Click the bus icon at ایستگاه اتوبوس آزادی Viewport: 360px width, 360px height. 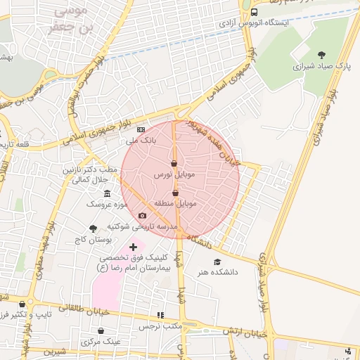pos(254,12)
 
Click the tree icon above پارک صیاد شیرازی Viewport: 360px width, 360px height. pos(322,55)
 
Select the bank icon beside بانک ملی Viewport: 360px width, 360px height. pos(141,130)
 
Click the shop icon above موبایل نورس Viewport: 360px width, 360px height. pos(174,164)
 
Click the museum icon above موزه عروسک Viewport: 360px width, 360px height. pos(107,194)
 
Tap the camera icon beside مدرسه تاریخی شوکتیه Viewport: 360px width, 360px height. pos(142,216)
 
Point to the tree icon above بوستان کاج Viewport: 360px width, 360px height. pos(93,229)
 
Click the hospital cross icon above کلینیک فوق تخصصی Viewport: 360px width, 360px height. pos(133,247)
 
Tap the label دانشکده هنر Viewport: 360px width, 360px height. pos(217,271)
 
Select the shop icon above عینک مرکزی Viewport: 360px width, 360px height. pos(101,330)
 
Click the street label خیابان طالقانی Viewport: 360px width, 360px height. pos(74,307)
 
